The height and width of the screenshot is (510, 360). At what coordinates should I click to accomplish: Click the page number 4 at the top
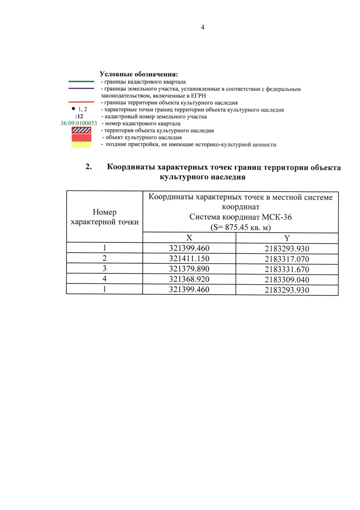coord(202,27)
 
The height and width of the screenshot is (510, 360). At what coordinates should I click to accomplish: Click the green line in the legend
coord(81,81)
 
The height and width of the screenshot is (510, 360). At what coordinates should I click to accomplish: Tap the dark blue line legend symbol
coord(81,88)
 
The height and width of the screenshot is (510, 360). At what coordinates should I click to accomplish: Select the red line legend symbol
coord(81,102)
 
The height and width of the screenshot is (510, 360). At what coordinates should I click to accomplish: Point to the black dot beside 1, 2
coord(73,109)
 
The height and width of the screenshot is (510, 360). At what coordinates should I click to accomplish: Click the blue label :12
coord(79,116)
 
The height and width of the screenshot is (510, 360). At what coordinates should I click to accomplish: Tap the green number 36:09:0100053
coord(79,123)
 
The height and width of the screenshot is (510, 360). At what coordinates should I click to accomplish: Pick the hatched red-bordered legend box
coord(81,130)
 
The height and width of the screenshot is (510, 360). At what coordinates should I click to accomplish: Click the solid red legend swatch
coord(81,137)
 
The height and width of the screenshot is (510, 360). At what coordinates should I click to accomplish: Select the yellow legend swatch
coord(81,145)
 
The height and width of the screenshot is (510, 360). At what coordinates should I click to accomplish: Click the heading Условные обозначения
coord(139,74)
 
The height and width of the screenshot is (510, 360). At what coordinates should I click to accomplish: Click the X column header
coord(189,238)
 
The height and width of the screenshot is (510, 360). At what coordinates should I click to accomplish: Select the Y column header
coord(287,238)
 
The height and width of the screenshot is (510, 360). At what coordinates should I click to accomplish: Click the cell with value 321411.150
coord(189,258)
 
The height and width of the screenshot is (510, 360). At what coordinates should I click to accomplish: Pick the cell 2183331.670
coord(287,269)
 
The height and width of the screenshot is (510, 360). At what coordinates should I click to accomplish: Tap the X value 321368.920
coord(189,279)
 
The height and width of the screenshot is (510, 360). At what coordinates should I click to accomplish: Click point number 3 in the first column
coord(104,268)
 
